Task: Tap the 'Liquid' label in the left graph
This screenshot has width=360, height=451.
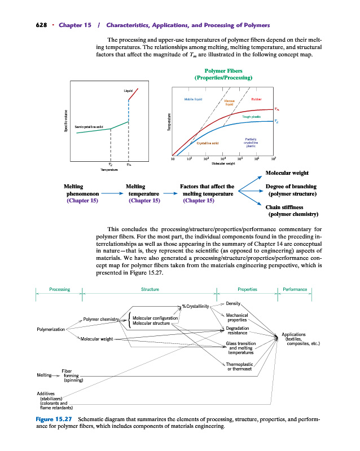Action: [x=128, y=90]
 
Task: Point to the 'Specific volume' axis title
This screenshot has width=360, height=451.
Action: [x=65, y=121]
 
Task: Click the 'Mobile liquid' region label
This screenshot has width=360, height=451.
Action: [x=194, y=99]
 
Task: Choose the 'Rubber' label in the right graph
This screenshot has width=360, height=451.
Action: [x=257, y=99]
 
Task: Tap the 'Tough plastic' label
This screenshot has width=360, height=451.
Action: [x=251, y=116]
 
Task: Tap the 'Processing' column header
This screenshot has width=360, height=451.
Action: [x=59, y=289]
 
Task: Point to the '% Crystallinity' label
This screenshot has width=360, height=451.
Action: [x=195, y=306]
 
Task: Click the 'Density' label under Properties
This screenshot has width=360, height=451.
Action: [x=234, y=303]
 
